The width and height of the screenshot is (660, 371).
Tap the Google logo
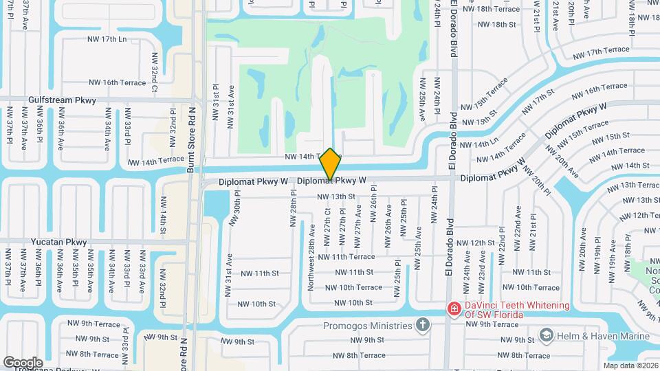tap(23, 362)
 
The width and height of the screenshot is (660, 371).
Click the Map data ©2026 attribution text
tap(630, 366)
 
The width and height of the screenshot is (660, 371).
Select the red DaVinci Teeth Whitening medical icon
tap(453, 309)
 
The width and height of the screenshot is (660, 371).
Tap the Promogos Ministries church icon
tap(423, 324)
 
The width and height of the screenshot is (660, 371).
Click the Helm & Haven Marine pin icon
tap(547, 335)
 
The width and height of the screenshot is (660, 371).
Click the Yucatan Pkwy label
tap(59, 243)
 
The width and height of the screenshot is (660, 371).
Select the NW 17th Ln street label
tap(107, 39)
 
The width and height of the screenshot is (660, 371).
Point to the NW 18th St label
tap(494, 25)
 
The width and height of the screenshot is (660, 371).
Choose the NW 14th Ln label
tap(478, 144)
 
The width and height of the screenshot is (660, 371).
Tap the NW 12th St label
tap(475, 243)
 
